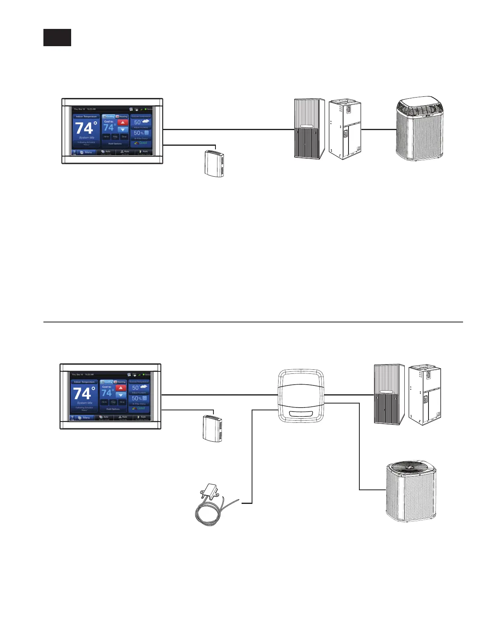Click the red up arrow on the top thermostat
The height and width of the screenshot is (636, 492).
pyautogui.click(x=123, y=122)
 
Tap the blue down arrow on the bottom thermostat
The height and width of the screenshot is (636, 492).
pyautogui.click(x=121, y=395)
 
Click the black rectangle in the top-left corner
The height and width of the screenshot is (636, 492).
pyautogui.click(x=57, y=37)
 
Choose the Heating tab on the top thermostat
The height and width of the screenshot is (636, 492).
pyautogui.click(x=122, y=116)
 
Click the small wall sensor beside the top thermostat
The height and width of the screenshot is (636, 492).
pyautogui.click(x=214, y=163)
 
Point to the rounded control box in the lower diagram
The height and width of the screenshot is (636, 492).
pyautogui.click(x=301, y=395)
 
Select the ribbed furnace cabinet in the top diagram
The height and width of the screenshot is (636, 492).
pyautogui.click(x=309, y=129)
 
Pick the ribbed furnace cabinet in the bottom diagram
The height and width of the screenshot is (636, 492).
pyautogui.click(x=389, y=394)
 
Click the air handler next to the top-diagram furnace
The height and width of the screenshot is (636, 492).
pyautogui.click(x=345, y=129)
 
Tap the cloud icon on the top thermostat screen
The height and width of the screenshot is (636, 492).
pyautogui.click(x=145, y=121)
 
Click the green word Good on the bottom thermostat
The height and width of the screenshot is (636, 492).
pyautogui.click(x=141, y=408)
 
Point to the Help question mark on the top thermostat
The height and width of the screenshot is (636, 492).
pyautogui.click(x=74, y=152)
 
